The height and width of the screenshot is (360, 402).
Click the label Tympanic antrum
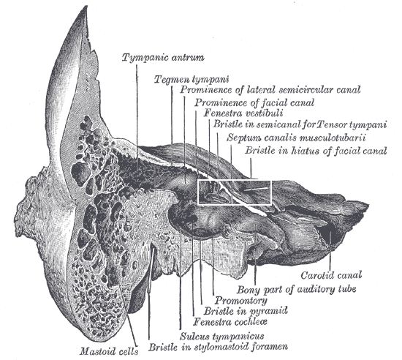[x=163, y=57]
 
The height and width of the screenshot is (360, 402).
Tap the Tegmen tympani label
[x=191, y=79]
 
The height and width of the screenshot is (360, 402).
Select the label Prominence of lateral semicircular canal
[x=270, y=90]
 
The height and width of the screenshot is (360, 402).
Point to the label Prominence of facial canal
[x=254, y=102]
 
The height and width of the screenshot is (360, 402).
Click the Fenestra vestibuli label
[x=243, y=113]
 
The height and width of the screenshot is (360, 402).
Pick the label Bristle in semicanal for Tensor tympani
[x=300, y=124]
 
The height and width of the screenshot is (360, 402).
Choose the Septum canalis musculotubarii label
[x=296, y=138]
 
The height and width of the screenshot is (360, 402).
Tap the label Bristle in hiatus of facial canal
[x=316, y=150]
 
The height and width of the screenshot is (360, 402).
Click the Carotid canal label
[x=331, y=275]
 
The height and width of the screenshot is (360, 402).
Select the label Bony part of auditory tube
[x=296, y=289]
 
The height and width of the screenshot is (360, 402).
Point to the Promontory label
[x=240, y=300]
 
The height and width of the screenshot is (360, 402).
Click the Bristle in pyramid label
[x=246, y=311]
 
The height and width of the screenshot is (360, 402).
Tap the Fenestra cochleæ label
[x=230, y=321]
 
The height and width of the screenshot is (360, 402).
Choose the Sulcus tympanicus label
[x=221, y=336]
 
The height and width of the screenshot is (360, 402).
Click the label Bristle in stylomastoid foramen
[x=219, y=347]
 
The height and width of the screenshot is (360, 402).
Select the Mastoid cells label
[x=109, y=351]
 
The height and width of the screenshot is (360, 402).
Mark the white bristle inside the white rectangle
[x=257, y=189]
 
